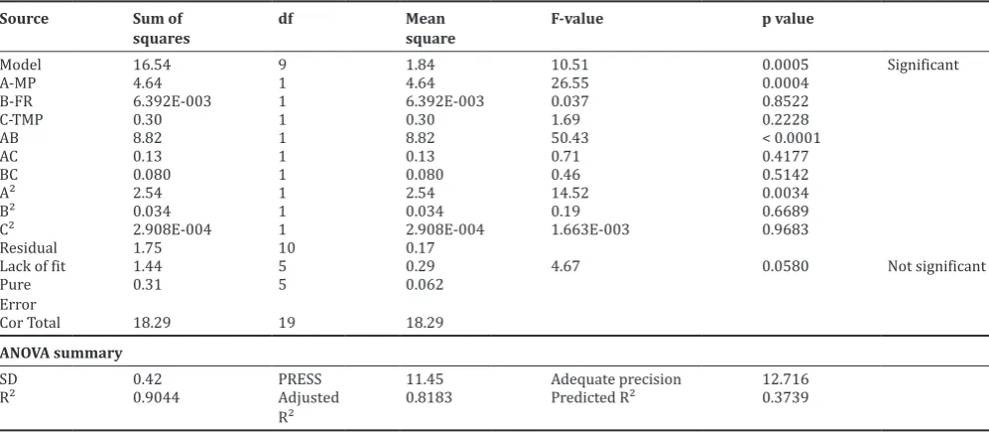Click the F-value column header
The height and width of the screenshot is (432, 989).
(576, 19)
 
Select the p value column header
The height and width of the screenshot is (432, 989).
(788, 20)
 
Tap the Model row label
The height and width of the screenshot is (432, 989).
(21, 65)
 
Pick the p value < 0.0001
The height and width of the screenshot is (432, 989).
(792, 138)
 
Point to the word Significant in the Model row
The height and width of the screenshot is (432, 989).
(923, 66)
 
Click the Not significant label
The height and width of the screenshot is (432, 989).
(936, 266)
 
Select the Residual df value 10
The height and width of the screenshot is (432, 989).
(286, 248)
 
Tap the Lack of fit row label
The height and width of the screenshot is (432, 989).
(33, 266)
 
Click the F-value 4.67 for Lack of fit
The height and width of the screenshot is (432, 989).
(565, 266)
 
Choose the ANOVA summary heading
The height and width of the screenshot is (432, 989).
(62, 354)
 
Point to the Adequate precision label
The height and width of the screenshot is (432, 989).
(616, 379)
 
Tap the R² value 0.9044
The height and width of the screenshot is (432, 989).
(156, 398)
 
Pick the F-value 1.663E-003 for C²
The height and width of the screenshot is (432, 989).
(590, 229)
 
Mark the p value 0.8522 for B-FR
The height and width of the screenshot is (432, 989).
(786, 101)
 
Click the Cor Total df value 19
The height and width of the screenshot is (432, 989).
(286, 323)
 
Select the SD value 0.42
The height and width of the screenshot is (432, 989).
(147, 379)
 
